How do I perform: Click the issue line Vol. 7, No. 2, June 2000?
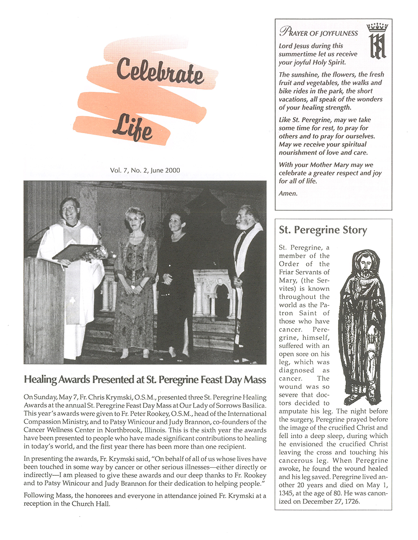(x=145, y=170)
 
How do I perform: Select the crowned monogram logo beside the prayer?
(x=377, y=41)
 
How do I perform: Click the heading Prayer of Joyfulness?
(x=319, y=32)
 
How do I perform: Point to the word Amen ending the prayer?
(x=288, y=193)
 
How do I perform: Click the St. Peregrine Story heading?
(x=323, y=230)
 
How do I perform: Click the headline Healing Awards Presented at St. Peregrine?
(x=145, y=379)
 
